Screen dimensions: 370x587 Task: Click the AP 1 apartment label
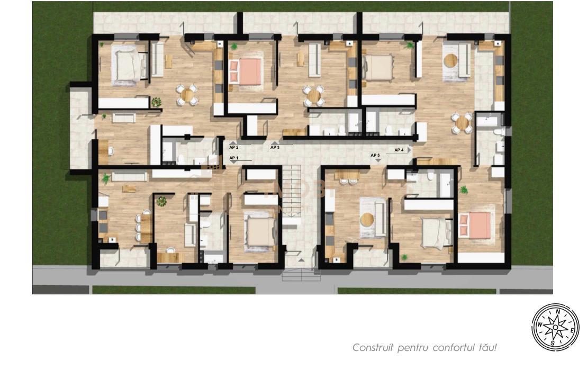click(234, 158)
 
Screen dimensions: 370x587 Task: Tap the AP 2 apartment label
click(234, 147)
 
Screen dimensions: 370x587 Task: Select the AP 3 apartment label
click(275, 147)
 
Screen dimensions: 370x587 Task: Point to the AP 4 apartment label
click(399, 150)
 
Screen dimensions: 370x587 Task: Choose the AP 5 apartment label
click(375, 155)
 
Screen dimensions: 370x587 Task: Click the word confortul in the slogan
click(454, 348)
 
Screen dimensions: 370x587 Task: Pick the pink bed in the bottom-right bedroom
click(474, 224)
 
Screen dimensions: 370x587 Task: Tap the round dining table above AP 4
click(462, 123)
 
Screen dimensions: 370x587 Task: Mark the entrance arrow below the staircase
click(300, 260)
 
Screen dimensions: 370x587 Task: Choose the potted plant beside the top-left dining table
click(156, 102)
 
